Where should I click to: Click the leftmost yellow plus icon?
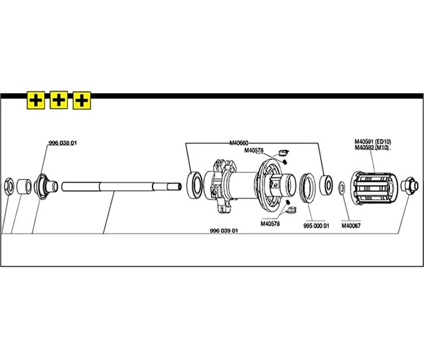tap(36, 101)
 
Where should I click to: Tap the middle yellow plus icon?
tap(59, 100)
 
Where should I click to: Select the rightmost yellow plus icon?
tap(82, 101)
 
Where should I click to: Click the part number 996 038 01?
tap(63, 143)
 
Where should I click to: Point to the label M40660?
tap(239, 143)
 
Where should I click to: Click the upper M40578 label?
tap(254, 150)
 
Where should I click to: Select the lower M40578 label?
tap(270, 224)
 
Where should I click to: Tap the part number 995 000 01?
tap(316, 226)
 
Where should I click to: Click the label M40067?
tap(351, 226)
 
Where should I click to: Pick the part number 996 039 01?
tap(224, 231)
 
